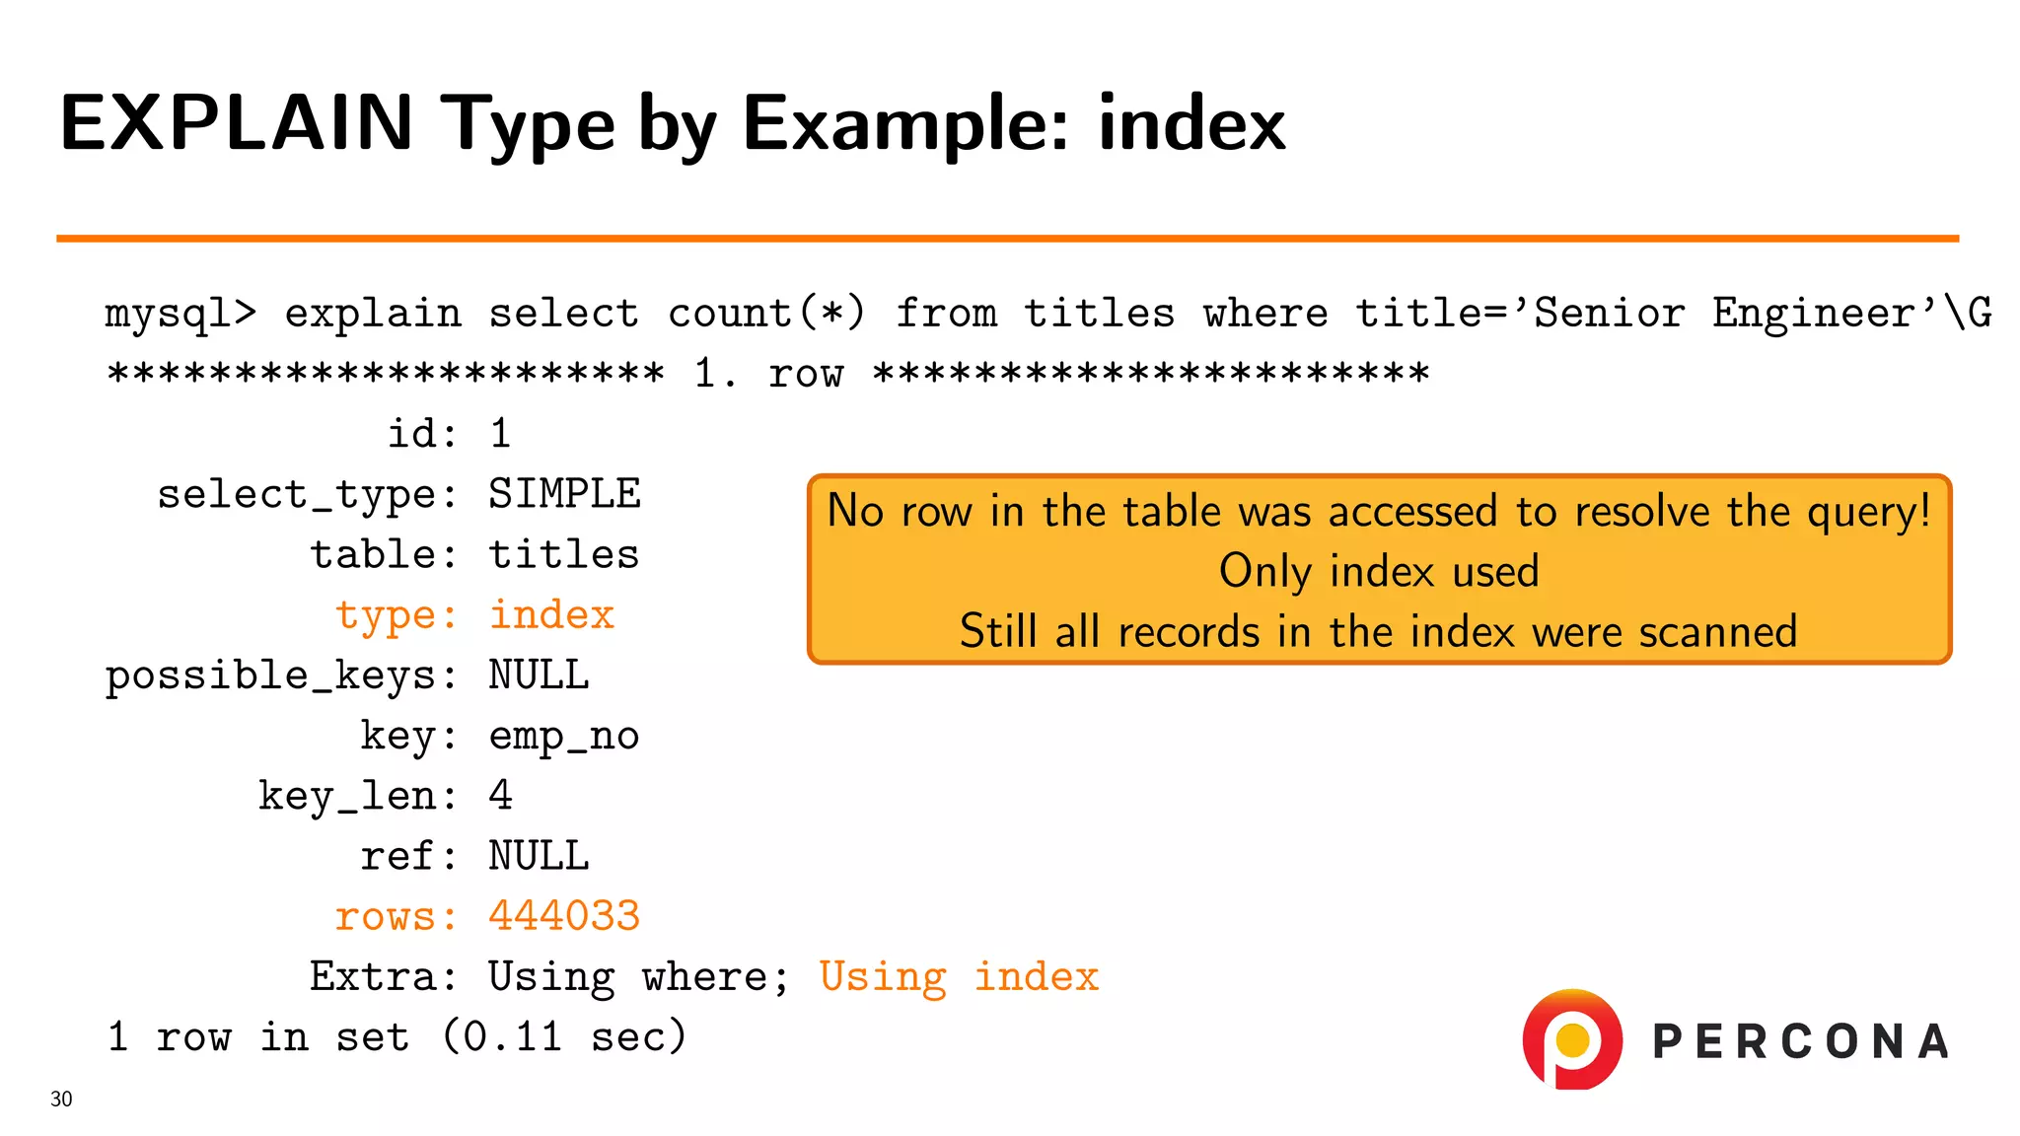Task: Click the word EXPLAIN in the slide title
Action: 236,123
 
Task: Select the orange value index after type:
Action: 551,615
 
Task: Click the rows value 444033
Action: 564,916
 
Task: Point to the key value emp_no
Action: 564,737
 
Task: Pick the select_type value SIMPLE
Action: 564,494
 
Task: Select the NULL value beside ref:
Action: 539,856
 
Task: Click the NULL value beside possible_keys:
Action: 539,675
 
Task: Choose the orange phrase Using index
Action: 959,977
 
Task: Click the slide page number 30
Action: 61,1099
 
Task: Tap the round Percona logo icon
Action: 1572,1039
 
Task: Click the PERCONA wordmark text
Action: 1801,1042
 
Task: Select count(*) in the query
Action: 766,314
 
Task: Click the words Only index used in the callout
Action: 1379,571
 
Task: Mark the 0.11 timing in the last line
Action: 512,1037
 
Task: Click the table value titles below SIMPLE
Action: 564,555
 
